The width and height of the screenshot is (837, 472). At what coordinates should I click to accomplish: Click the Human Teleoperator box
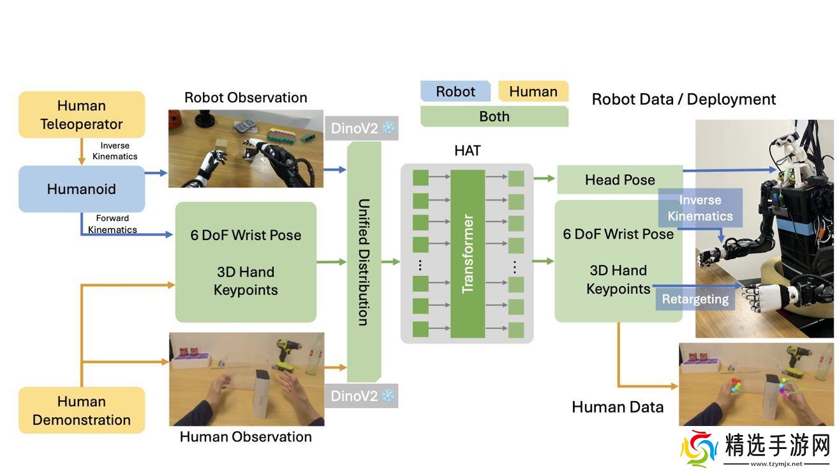pyautogui.click(x=82, y=115)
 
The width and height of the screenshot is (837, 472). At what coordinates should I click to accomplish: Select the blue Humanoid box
pyautogui.click(x=82, y=189)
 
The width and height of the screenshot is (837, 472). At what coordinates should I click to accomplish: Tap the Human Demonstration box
pyautogui.click(x=82, y=411)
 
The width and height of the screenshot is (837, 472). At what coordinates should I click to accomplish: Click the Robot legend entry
pyautogui.click(x=455, y=91)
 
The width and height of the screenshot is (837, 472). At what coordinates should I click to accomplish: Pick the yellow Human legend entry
pyautogui.click(x=533, y=91)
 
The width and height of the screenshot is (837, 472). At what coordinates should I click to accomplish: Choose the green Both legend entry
pyautogui.click(x=494, y=116)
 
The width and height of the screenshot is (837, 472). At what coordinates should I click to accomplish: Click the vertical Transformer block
pyautogui.click(x=468, y=254)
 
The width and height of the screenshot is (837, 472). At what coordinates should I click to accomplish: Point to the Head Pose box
pyautogui.click(x=619, y=180)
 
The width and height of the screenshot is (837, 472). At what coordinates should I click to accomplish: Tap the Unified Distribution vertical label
pyautogui.click(x=364, y=262)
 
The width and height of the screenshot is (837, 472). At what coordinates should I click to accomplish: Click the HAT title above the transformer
pyautogui.click(x=467, y=151)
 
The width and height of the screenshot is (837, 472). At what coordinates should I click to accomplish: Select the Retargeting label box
pyautogui.click(x=695, y=299)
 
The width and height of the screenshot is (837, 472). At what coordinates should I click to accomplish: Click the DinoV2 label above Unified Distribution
pyautogui.click(x=362, y=128)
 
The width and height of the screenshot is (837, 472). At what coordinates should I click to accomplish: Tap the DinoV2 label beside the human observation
pyautogui.click(x=362, y=396)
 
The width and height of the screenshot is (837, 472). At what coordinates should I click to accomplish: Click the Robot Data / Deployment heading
pyautogui.click(x=683, y=100)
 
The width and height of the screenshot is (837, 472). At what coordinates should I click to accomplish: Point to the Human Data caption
pyautogui.click(x=617, y=407)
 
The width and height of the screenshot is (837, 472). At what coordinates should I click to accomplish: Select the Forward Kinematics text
pyautogui.click(x=112, y=224)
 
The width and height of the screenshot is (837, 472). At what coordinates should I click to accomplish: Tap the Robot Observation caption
pyautogui.click(x=246, y=98)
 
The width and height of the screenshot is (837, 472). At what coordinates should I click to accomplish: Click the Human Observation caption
pyautogui.click(x=246, y=437)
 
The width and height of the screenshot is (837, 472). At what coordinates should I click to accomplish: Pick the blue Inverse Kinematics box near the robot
pyautogui.click(x=700, y=208)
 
